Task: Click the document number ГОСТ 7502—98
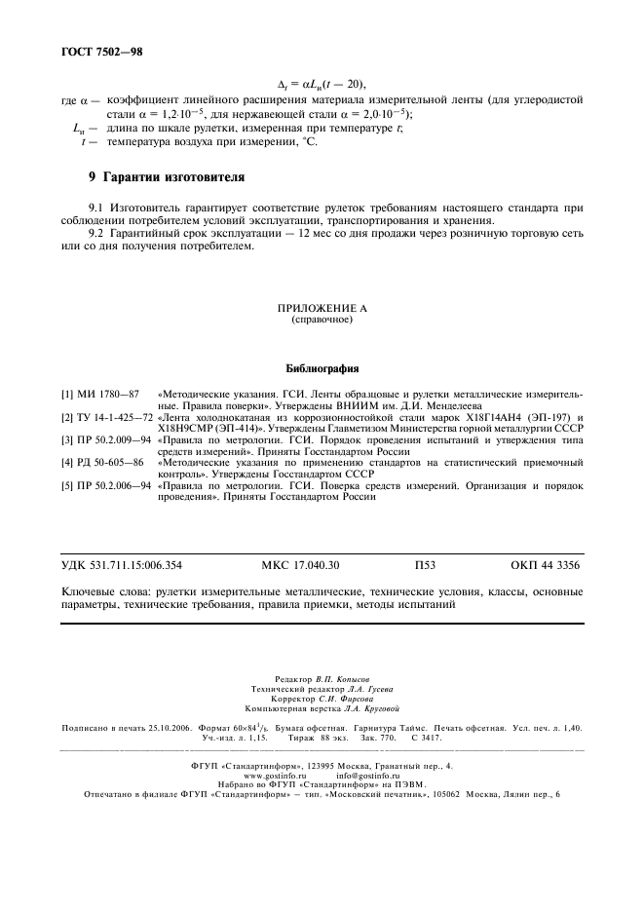102,48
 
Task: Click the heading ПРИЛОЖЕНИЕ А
322,307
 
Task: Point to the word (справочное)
322,319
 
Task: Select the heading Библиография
322,369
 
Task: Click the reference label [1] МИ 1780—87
100,393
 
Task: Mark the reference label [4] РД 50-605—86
101,464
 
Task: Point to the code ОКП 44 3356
546,564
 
